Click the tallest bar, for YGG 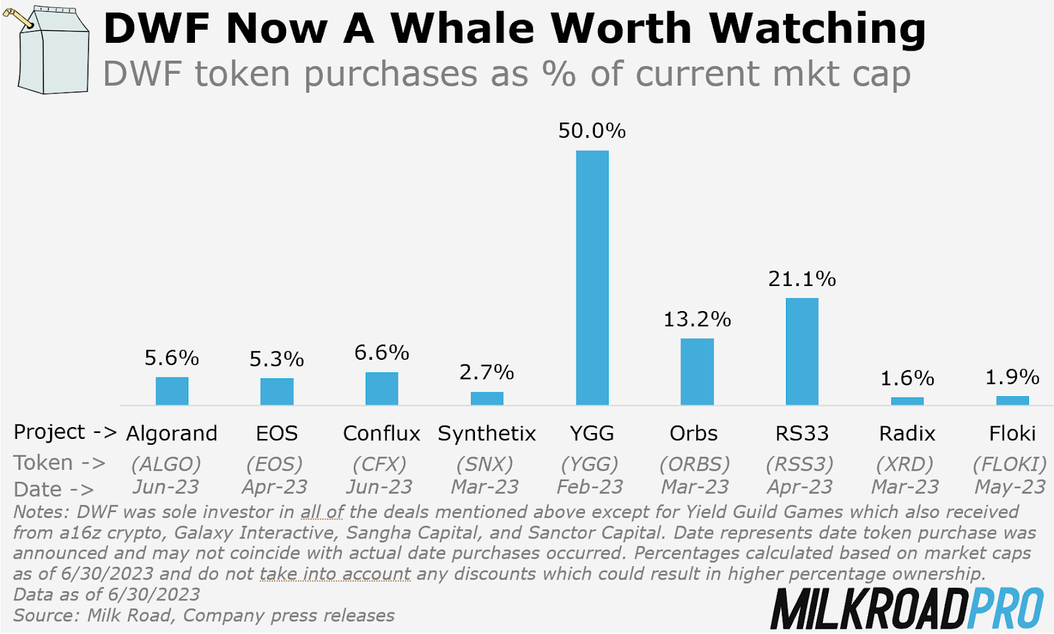[592, 277]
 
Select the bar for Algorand [172, 391]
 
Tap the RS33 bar [802, 351]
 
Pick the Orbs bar [697, 372]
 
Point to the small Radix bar [907, 401]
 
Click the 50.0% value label [592, 131]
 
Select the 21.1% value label [802, 279]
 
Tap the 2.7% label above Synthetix [486, 373]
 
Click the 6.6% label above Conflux [381, 353]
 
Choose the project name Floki [1012, 434]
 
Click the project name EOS [277, 434]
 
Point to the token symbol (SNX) [485, 465]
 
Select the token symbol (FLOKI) [1010, 465]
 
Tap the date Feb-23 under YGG [590, 487]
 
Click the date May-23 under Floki [1010, 487]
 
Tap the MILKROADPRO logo [906, 608]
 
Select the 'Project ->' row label [65, 432]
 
